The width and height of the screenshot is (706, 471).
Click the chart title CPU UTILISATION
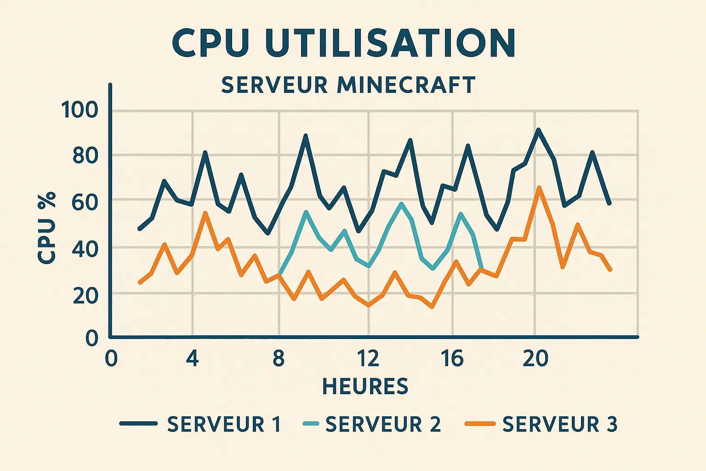(344, 43)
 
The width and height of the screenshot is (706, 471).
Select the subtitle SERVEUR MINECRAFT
(348, 85)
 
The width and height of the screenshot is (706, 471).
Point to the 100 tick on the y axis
(80, 110)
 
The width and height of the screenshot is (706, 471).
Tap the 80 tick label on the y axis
(85, 156)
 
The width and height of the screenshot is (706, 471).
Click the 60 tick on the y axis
(85, 202)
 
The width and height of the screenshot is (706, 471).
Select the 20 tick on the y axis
(85, 295)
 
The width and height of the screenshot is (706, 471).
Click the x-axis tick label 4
(192, 358)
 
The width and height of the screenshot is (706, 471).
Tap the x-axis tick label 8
(278, 358)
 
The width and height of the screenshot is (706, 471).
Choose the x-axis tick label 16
(452, 358)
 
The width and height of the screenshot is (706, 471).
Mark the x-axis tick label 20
(535, 358)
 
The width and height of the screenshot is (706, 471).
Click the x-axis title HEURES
(365, 386)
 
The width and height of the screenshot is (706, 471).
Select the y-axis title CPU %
(47, 228)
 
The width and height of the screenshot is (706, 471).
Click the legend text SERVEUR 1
(224, 424)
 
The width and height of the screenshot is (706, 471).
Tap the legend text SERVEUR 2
(383, 424)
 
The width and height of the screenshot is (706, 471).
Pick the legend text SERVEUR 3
(559, 424)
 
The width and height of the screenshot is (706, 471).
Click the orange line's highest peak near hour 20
(539, 187)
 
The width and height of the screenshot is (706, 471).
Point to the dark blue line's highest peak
(538, 130)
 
